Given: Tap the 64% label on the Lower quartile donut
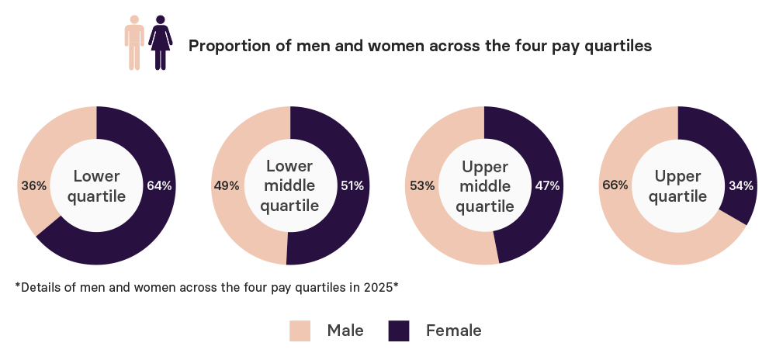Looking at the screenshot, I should click(x=160, y=185).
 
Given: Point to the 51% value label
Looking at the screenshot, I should click(x=354, y=185).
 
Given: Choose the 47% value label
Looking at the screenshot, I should click(x=548, y=185).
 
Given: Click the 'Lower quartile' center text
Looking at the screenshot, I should click(x=96, y=185).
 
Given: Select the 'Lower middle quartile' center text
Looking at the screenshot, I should click(x=290, y=185).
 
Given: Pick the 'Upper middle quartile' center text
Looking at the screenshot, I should click(x=484, y=187).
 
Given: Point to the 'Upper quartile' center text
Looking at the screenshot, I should click(x=678, y=185).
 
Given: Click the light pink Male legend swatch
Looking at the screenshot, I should click(x=300, y=331).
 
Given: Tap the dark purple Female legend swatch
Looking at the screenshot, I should click(x=399, y=331).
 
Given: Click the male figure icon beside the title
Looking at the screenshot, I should click(x=135, y=43).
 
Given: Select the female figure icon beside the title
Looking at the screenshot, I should click(x=160, y=43).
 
